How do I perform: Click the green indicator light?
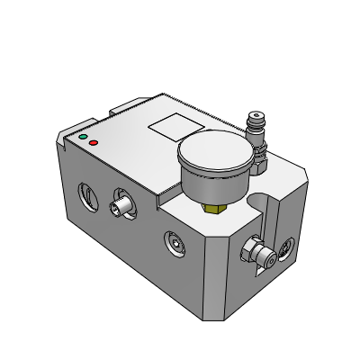(84, 138)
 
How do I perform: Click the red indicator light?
(93, 143)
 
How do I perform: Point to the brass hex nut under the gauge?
(214, 209)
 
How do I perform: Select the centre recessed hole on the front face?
(174, 241)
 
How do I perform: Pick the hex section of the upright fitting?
(261, 162)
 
